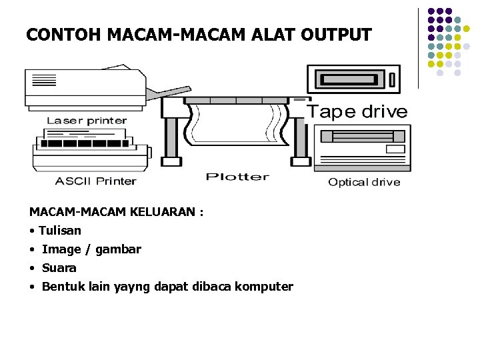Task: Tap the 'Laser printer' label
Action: (87, 121)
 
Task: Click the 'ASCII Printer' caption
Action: (95, 181)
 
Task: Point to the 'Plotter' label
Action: (237, 177)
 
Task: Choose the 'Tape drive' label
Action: (357, 111)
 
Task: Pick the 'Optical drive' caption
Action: (364, 182)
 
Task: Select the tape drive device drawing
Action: (353, 79)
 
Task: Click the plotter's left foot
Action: (171, 161)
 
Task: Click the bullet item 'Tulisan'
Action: (59, 231)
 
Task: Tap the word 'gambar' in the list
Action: (118, 249)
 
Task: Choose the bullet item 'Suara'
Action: (59, 268)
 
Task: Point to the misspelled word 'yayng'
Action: (133, 287)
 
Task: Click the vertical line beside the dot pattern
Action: (418, 48)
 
